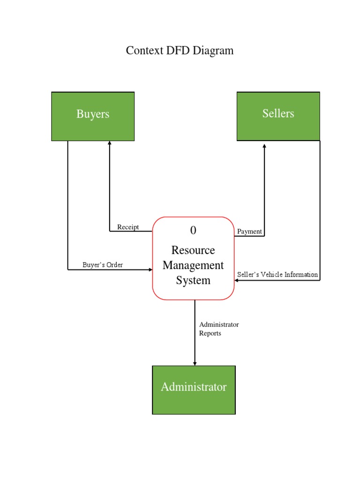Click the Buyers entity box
93,116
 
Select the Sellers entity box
278,116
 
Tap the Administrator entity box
194,390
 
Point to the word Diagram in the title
215,51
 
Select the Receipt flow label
128,227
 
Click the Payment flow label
249,232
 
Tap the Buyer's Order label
103,265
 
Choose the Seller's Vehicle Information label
277,275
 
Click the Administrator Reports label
219,329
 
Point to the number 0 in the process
193,230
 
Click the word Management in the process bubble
193,265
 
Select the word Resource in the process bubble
193,250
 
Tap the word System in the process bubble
193,280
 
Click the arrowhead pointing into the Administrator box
195,363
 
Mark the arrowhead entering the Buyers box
110,143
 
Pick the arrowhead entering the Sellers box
264,146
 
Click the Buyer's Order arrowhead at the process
150,270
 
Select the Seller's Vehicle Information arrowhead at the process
237,280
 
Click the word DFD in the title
176,51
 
